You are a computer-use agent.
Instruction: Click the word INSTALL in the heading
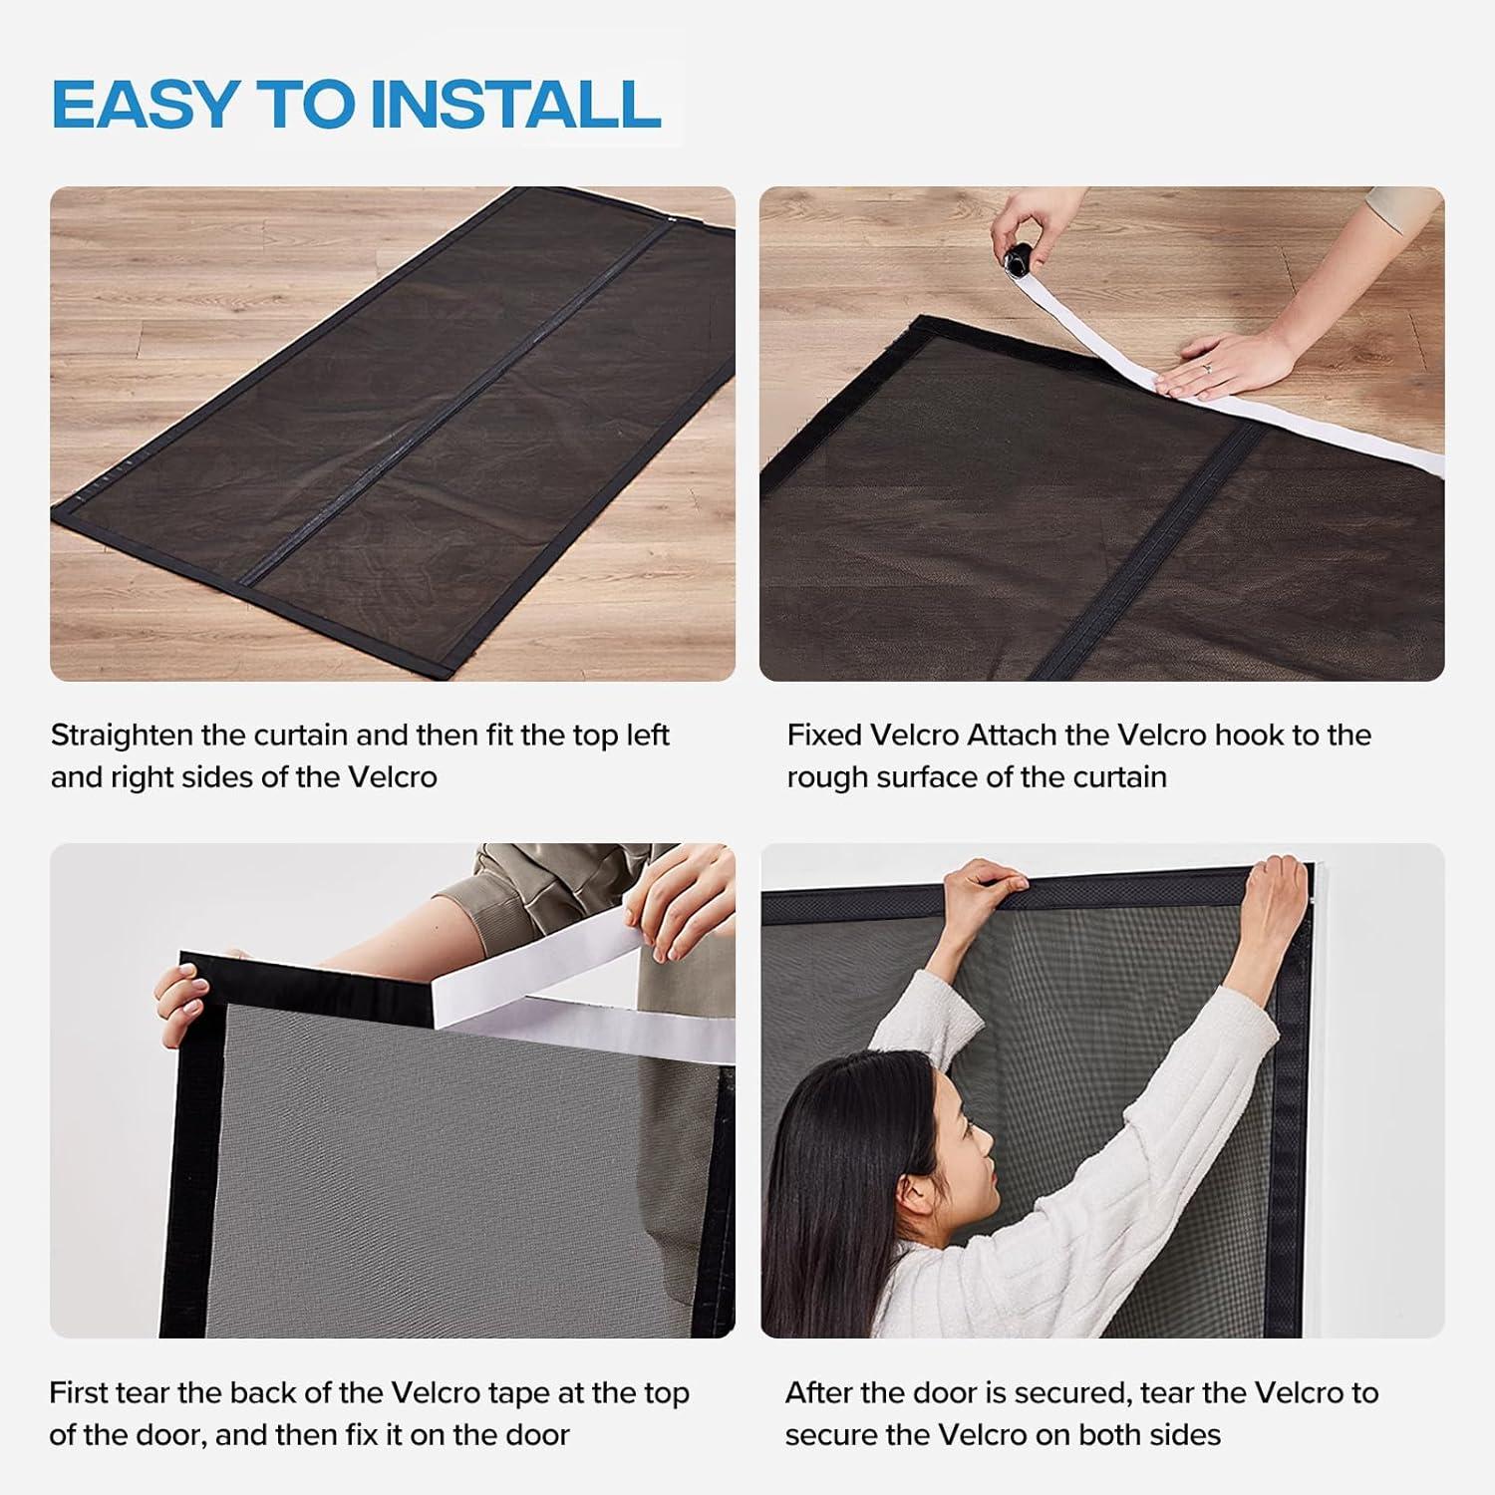[x=515, y=104]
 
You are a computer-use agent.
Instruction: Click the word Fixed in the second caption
[x=824, y=736]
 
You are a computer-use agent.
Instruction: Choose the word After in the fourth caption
[x=818, y=1392]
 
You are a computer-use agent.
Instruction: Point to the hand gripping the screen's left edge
[x=180, y=999]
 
